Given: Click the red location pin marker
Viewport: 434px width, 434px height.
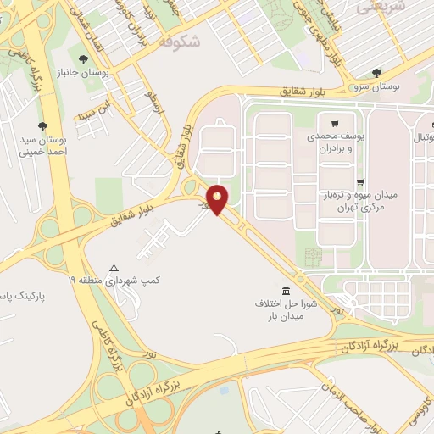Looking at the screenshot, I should [x=218, y=198].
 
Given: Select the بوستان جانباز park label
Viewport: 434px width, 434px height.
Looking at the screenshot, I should [x=80, y=74].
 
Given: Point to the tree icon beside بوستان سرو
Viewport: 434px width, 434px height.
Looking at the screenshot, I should [x=376, y=72].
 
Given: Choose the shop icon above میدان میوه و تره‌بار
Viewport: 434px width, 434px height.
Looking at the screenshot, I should [x=359, y=182].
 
